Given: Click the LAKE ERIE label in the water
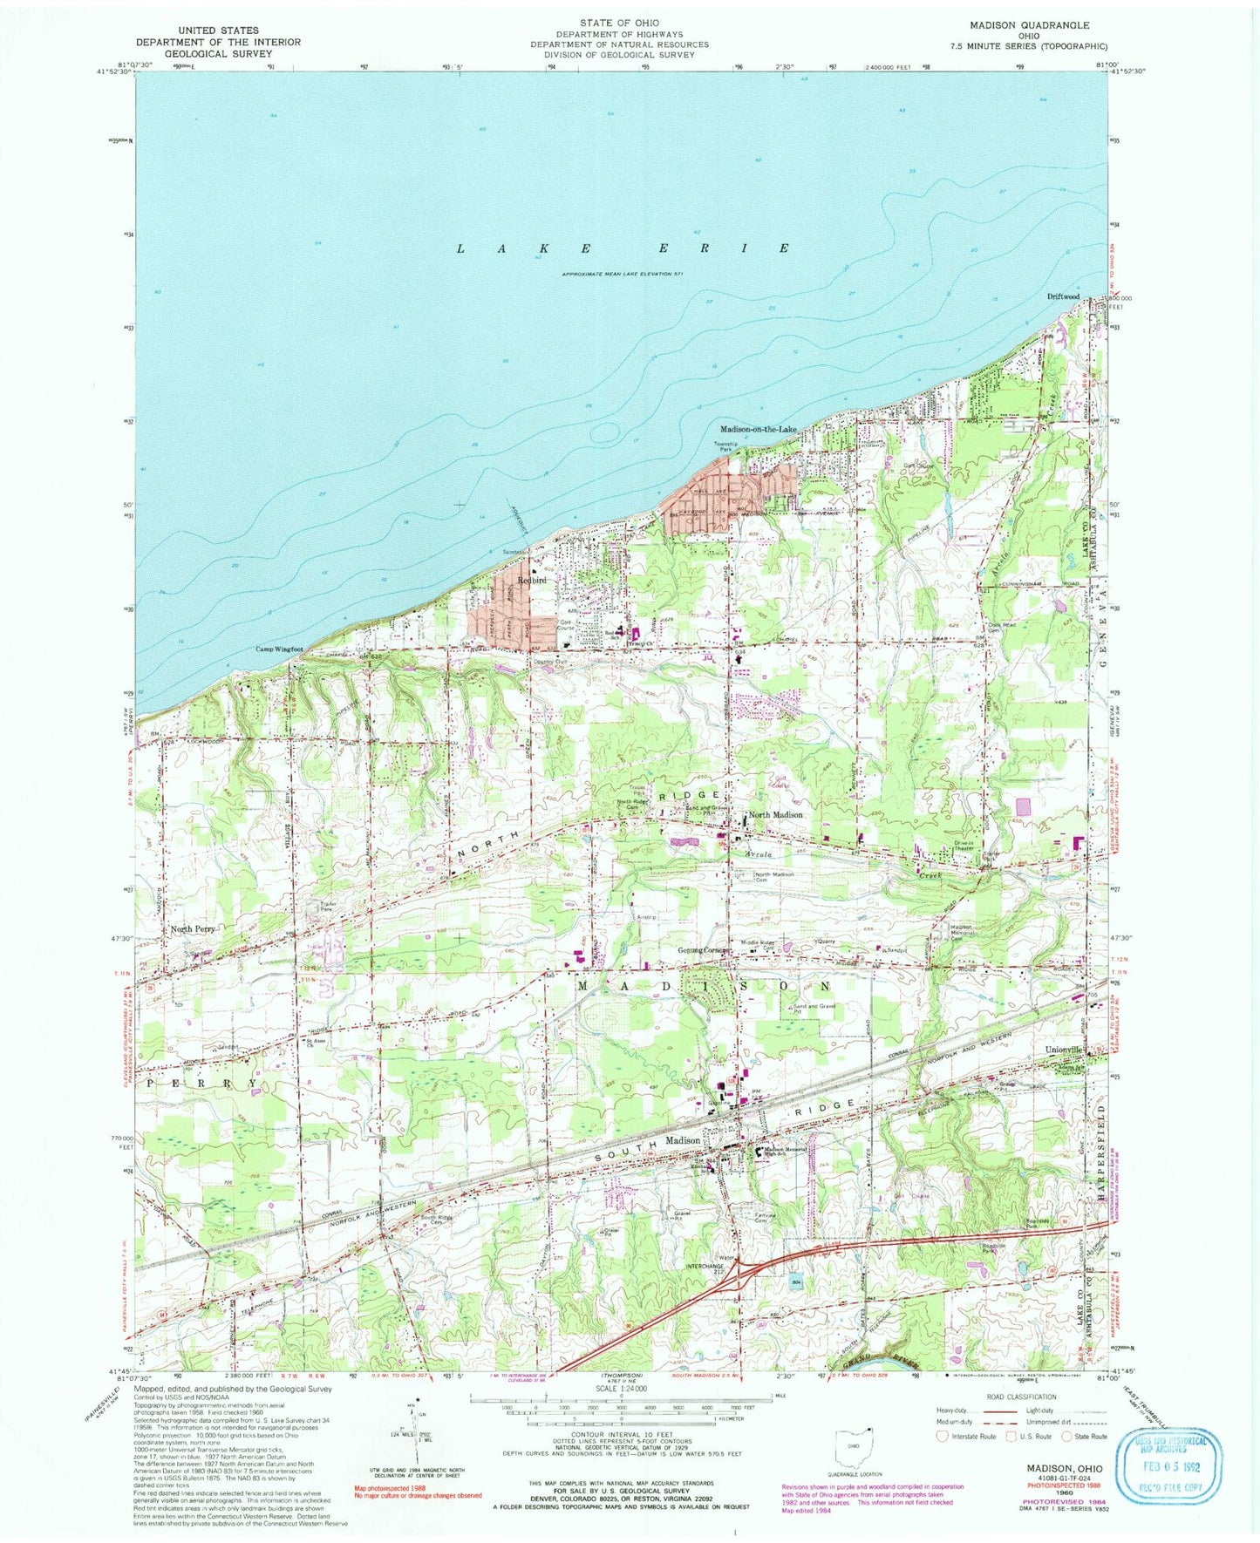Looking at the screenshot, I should [623, 248].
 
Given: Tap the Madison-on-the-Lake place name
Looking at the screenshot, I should [759, 429].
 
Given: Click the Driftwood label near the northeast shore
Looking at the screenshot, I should [1063, 296].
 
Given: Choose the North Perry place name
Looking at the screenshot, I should [193, 929].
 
